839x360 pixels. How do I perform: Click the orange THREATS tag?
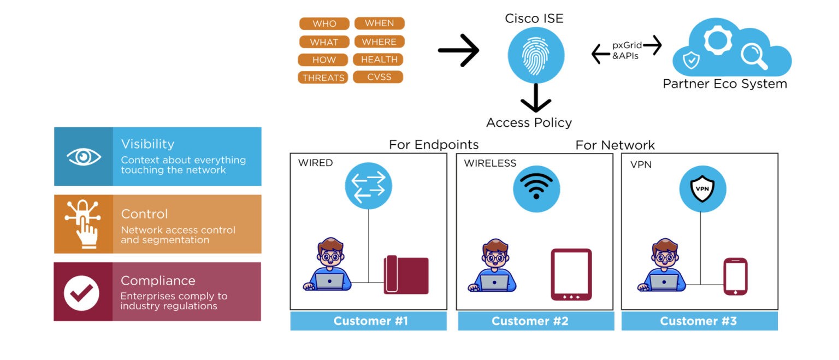tap(323, 78)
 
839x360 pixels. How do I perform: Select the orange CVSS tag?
tap(379, 77)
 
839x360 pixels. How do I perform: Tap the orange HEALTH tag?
tap(379, 60)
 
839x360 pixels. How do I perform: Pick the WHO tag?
tap(324, 24)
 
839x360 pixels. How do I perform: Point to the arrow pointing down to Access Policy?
tap(535, 99)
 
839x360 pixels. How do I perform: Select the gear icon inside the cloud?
tap(717, 40)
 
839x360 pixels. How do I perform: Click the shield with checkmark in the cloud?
tap(692, 60)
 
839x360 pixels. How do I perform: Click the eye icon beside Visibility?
tap(84, 157)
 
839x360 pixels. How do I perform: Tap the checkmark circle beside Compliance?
tap(81, 293)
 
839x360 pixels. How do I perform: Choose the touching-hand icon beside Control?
tap(83, 224)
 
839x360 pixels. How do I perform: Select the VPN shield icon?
tap(701, 189)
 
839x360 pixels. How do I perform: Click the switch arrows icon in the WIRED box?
tap(368, 186)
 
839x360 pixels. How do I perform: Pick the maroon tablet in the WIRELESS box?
tap(571, 274)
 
